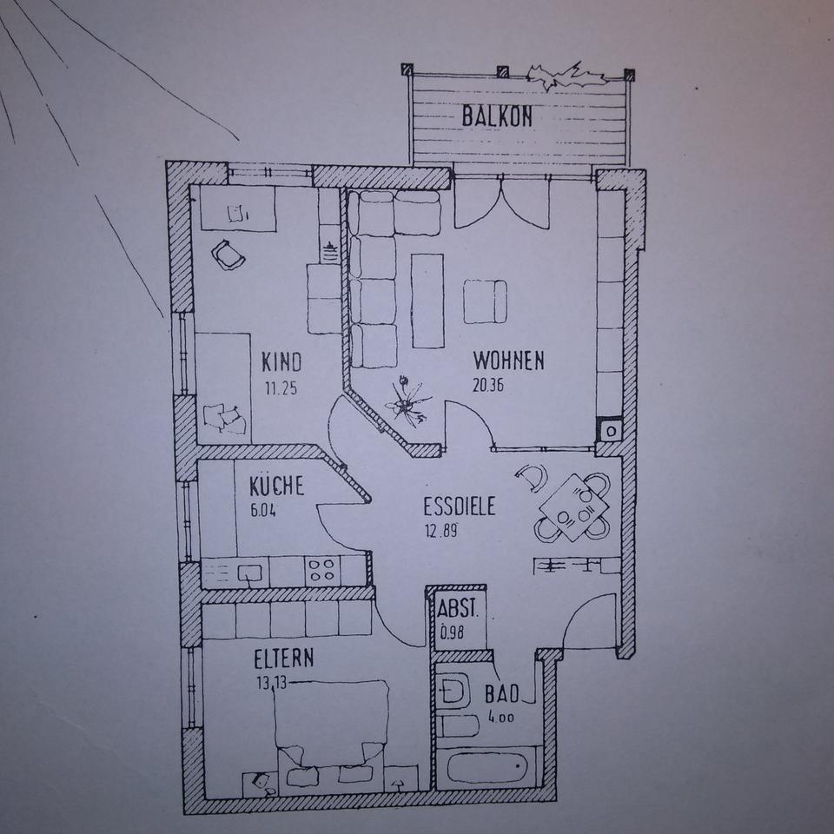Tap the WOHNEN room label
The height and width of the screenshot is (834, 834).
click(508, 360)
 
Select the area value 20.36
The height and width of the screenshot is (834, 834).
click(488, 386)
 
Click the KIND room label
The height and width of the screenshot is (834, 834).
click(281, 361)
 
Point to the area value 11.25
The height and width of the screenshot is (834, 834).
click(281, 388)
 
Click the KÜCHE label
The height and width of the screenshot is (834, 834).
click(276, 485)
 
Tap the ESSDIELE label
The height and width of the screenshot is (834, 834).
click(460, 506)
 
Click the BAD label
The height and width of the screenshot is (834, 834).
click(502, 694)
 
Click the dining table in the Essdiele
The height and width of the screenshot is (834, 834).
click(573, 506)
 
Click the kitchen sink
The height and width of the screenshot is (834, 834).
click(251, 572)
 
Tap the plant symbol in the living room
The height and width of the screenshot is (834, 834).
click(407, 401)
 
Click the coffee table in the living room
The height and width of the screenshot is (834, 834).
click(427, 300)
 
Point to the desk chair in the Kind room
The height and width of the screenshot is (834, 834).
click(228, 255)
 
